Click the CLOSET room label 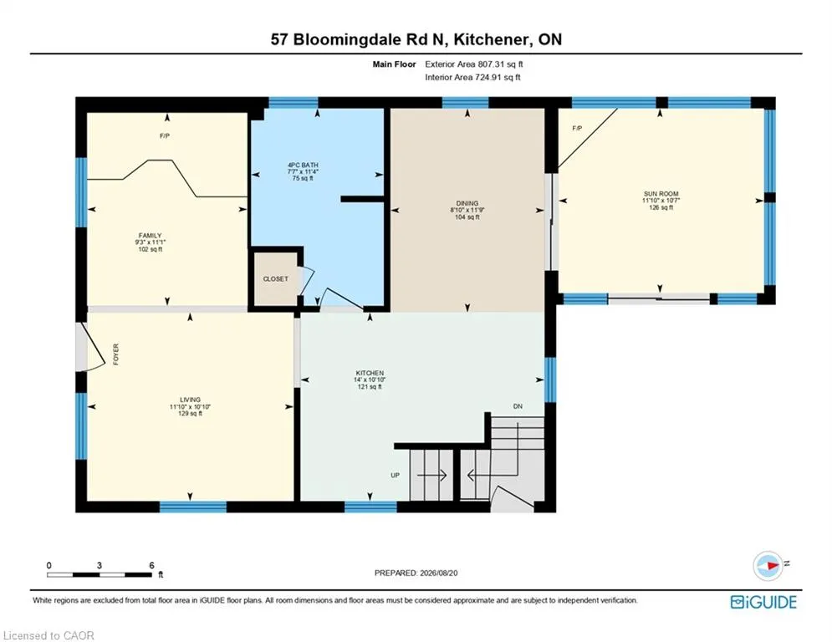[x=275, y=279]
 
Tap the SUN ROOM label [x=661, y=194]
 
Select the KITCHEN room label [x=370, y=373]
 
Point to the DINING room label [x=467, y=203]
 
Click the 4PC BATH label [x=303, y=165]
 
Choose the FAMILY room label [x=151, y=236]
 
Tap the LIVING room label [x=190, y=400]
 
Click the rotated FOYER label [x=115, y=354]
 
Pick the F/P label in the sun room [x=577, y=129]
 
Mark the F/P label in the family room [x=165, y=136]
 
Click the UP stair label [x=396, y=476]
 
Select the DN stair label [x=518, y=406]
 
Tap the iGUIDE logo [x=763, y=602]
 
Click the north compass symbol [x=768, y=566]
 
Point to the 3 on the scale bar [x=100, y=566]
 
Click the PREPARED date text [x=416, y=573]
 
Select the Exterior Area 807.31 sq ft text [x=474, y=64]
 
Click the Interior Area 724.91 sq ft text [x=472, y=78]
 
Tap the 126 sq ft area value [x=661, y=207]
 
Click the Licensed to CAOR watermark [x=48, y=635]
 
